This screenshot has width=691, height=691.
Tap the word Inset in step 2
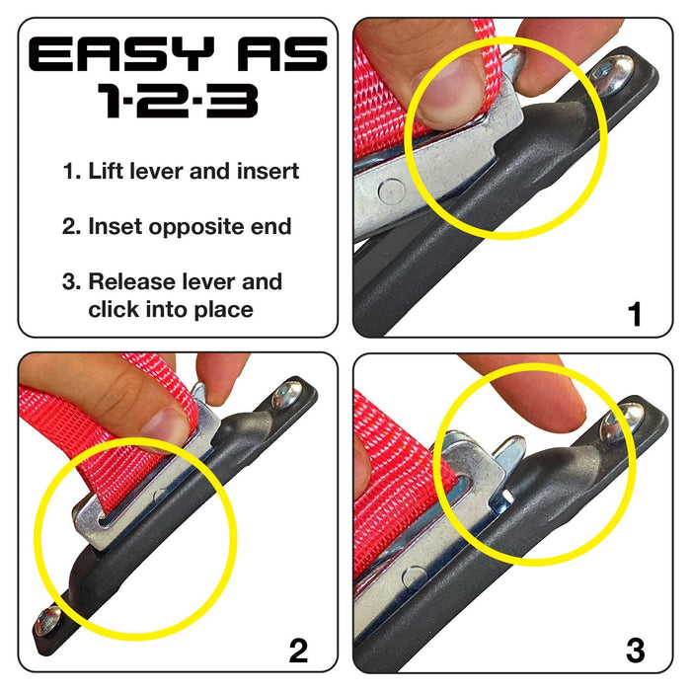[x=115, y=226]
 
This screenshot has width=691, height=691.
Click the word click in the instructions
[x=114, y=309]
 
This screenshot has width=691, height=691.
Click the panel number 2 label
[x=298, y=650]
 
